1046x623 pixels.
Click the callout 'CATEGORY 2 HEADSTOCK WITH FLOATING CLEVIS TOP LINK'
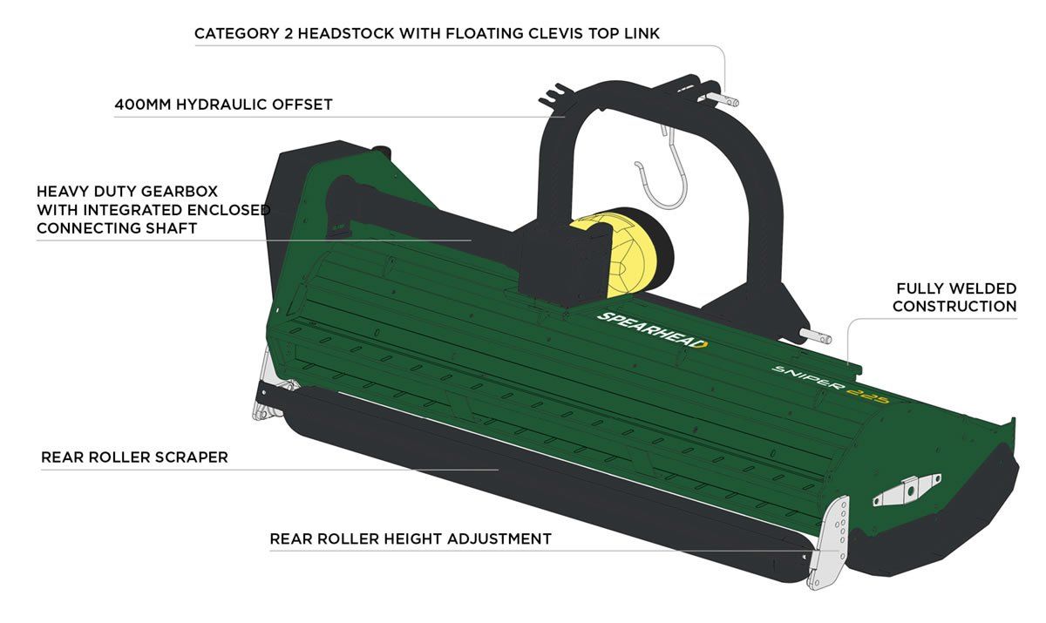point(427,34)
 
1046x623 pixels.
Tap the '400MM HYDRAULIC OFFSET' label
point(223,105)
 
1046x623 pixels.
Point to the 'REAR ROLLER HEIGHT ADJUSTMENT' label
point(411,538)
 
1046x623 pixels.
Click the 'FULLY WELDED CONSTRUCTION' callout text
point(954,297)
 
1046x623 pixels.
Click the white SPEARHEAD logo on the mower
point(653,329)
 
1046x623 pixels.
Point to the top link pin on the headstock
point(725,99)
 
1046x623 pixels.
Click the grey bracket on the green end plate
point(907,491)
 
